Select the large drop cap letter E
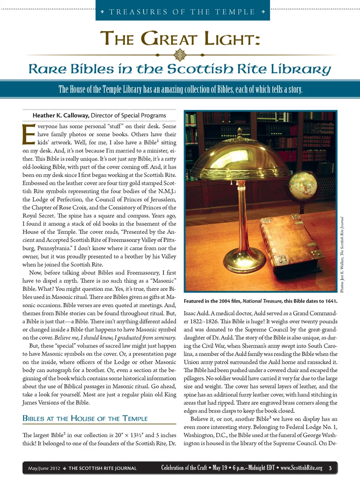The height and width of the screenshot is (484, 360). coord(28,134)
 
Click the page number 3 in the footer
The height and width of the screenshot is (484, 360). coord(330,468)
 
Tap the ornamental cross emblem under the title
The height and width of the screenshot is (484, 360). coord(180,55)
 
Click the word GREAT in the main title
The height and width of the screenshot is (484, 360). coord(169,39)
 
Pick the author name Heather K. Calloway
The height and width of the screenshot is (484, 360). coord(61,115)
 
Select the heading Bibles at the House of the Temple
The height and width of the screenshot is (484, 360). coord(85,418)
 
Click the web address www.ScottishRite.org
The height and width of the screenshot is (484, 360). coord(301,468)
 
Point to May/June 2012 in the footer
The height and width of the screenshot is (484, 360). coord(44,468)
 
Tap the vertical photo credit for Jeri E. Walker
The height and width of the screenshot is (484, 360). coord(342,255)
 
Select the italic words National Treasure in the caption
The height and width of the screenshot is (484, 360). coord(262,301)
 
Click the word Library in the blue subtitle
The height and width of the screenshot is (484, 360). coord(300,69)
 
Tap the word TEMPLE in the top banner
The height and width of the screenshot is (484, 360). coord(235,12)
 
